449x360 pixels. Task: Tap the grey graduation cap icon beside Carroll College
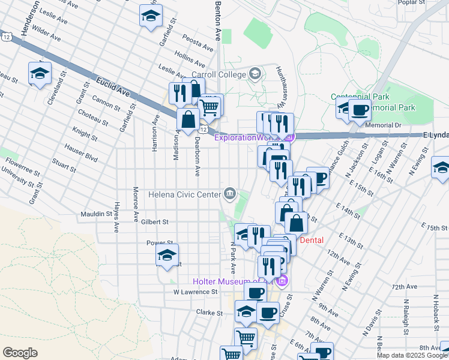pos(255,74)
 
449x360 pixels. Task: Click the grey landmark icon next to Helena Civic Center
pos(229,193)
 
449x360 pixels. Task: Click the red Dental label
pos(312,240)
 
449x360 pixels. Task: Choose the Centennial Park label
pos(360,97)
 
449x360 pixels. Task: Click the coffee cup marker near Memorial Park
pos(360,110)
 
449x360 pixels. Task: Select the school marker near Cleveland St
pos(40,73)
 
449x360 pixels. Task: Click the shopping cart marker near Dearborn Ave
pos(209,107)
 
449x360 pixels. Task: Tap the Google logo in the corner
pos(20,353)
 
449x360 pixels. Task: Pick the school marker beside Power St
pos(167,256)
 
